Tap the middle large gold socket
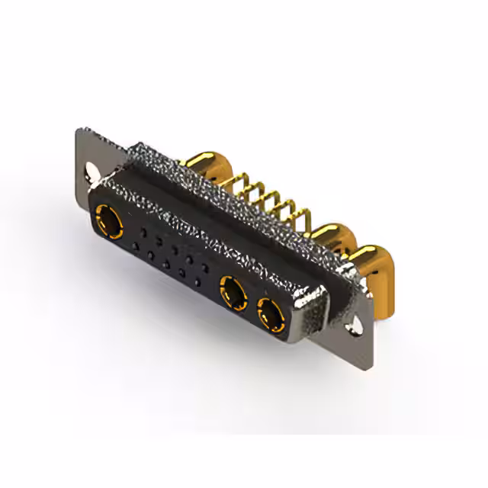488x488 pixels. (x=233, y=290)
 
